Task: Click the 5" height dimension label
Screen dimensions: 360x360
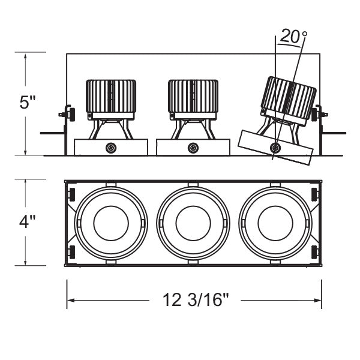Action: [28, 103]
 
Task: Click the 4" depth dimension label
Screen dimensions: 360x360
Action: [28, 222]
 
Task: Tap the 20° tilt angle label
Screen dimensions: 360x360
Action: [292, 37]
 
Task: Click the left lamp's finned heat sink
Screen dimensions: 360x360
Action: [111, 95]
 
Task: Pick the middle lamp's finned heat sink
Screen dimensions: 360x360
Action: [193, 95]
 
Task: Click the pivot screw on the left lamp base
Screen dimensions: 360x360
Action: [110, 148]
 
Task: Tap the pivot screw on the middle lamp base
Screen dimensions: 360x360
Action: [193, 148]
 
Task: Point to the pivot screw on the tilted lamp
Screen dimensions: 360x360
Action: [275, 148]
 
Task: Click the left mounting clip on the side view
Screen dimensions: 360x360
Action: [69, 114]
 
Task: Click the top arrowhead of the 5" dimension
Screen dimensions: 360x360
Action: [25, 55]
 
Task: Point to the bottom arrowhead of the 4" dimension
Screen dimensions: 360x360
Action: [25, 262]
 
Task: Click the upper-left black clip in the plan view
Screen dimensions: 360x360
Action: [72, 194]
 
